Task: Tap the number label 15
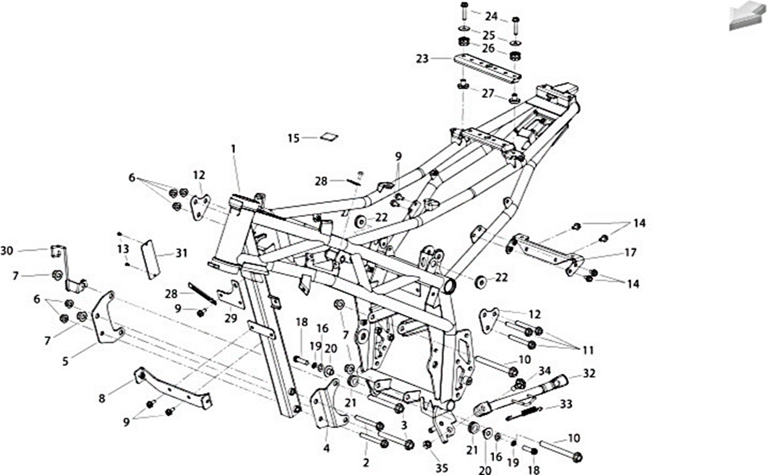293,138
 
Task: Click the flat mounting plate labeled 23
487,68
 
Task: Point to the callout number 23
422,59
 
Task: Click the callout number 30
7,251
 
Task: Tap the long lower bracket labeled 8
172,389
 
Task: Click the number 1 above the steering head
234,148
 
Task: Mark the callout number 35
441,468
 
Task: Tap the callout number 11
587,350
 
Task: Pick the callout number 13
123,249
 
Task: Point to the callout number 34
544,371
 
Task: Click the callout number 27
488,93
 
